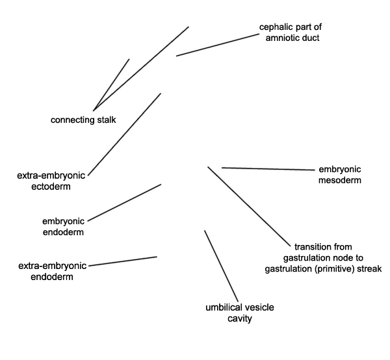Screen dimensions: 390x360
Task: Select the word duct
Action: click(x=310, y=38)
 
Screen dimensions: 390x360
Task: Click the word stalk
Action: click(x=107, y=120)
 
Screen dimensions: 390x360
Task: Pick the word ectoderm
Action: click(x=51, y=186)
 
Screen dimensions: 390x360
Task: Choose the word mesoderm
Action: click(x=340, y=180)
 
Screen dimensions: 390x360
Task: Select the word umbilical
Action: click(x=222, y=307)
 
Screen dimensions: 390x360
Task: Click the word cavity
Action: click(x=239, y=318)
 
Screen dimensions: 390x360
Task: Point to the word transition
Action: click(x=309, y=247)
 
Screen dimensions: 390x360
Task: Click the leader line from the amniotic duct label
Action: click(x=218, y=45)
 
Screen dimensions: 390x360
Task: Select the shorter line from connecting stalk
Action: click(x=111, y=84)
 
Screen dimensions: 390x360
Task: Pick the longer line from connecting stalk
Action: click(x=141, y=69)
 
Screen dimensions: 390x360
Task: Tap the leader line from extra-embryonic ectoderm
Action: click(x=124, y=135)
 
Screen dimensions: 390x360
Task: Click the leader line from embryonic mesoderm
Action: click(x=268, y=169)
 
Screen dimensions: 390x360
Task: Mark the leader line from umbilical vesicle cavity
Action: click(x=221, y=266)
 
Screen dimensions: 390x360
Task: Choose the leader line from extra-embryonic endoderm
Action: click(x=123, y=261)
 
